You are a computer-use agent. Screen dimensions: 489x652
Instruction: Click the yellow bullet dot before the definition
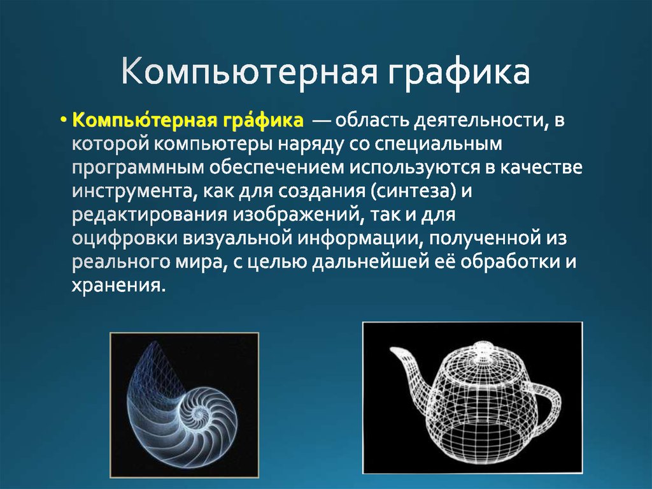(x=64, y=121)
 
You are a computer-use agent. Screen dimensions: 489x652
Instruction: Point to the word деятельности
(x=477, y=120)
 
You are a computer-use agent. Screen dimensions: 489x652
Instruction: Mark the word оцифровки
(x=124, y=238)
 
